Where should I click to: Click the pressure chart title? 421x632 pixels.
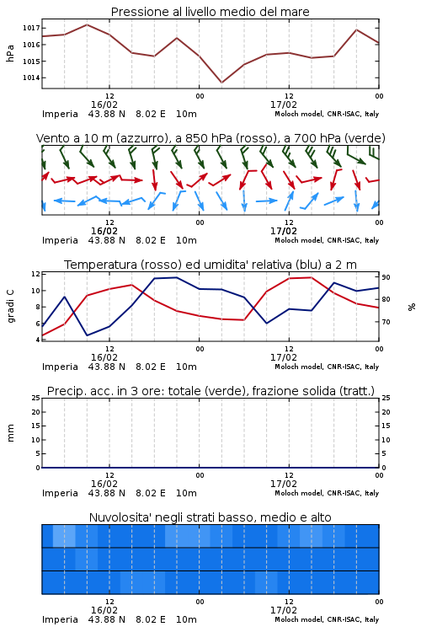tap(210, 12)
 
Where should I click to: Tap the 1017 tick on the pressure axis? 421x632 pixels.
tap(31, 28)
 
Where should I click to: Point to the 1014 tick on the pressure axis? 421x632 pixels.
tap(31, 78)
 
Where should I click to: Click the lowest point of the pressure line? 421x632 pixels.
tap(221, 83)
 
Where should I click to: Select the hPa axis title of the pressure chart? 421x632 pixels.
tap(10, 53)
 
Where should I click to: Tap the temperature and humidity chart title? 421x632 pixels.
tap(210, 265)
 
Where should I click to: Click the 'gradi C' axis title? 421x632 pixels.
tap(10, 307)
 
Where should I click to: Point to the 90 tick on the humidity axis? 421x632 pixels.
tap(386, 277)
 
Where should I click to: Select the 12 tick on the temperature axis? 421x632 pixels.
tap(35, 274)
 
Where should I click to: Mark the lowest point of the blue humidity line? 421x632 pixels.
tap(88, 335)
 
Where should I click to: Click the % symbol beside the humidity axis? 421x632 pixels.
tap(412, 307)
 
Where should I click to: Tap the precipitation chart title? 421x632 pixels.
tap(210, 391)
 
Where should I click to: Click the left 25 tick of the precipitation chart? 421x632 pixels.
tap(36, 398)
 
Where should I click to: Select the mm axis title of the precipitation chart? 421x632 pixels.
tap(10, 433)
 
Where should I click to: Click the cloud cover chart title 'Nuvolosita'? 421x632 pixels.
tap(210, 517)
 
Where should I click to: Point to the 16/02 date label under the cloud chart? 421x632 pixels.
tap(104, 610)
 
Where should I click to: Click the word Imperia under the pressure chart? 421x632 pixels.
tap(60, 114)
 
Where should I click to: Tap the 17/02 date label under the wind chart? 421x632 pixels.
tap(284, 232)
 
